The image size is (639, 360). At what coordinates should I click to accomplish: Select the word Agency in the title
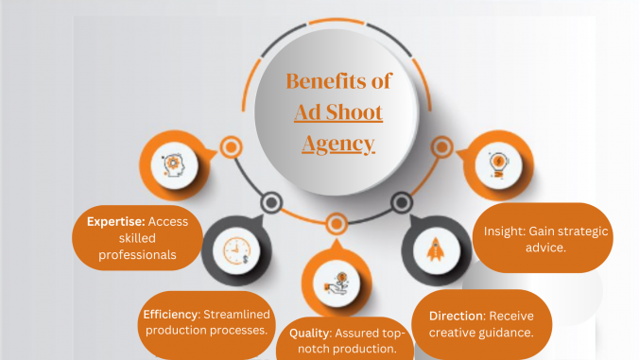click(338, 144)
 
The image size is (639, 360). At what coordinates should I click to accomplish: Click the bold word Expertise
click(111, 221)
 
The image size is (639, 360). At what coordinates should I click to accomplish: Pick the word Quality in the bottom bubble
click(308, 333)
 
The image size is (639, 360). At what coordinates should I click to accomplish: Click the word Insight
click(502, 231)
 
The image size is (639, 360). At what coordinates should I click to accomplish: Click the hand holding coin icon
click(337, 282)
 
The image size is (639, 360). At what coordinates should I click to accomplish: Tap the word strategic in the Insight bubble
click(571, 231)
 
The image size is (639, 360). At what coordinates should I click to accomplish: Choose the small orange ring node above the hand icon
click(337, 224)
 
